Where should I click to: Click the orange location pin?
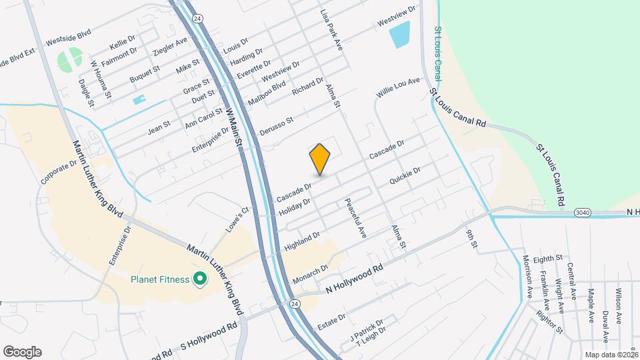pyautogui.click(x=320, y=159)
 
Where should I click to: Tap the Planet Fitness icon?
pyautogui.click(x=199, y=279)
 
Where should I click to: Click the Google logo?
pyautogui.click(x=22, y=352)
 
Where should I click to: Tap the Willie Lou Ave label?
pyautogui.click(x=398, y=89)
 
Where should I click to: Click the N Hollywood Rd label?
pyautogui.click(x=355, y=279)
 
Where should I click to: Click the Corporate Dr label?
pyautogui.click(x=59, y=171)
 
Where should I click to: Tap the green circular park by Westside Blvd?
pyautogui.click(x=70, y=60)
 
